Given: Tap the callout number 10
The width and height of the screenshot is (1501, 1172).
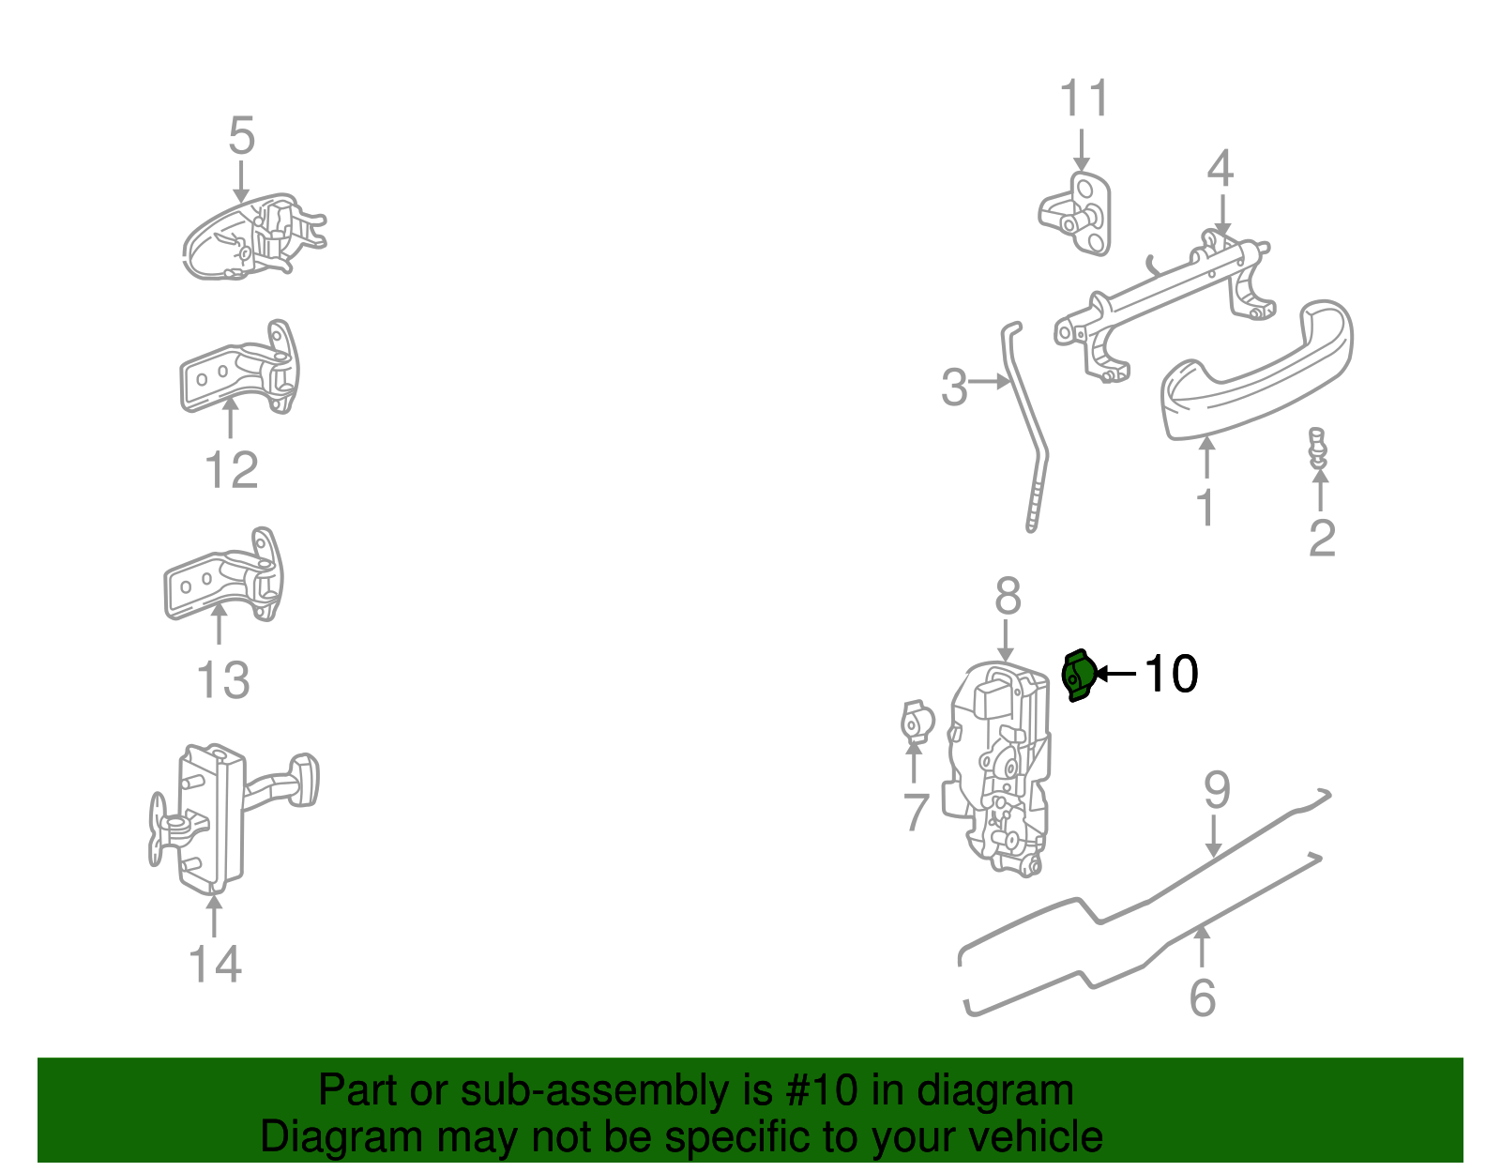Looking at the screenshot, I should pos(1171,674).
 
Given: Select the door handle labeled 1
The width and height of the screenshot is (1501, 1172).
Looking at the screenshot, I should pos(1257,375).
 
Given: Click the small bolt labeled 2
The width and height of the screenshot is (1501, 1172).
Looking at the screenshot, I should pos(1318,448).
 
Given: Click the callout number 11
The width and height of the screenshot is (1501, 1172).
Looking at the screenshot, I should pos(1084,99).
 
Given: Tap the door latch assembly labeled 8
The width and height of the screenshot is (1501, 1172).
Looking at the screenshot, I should pos(1000,769).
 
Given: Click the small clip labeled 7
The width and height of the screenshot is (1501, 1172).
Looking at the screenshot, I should pos(916,723).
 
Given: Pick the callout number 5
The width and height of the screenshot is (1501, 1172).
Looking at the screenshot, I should pos(241,136).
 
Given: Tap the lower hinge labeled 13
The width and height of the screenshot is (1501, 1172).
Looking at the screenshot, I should pos(225,577).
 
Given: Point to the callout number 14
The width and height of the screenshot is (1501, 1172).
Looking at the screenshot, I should pos(215,964).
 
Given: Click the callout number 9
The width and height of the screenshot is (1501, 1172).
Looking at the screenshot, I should pos(1217,791).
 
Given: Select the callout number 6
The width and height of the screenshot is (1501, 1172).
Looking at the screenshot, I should pos(1202,997).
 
